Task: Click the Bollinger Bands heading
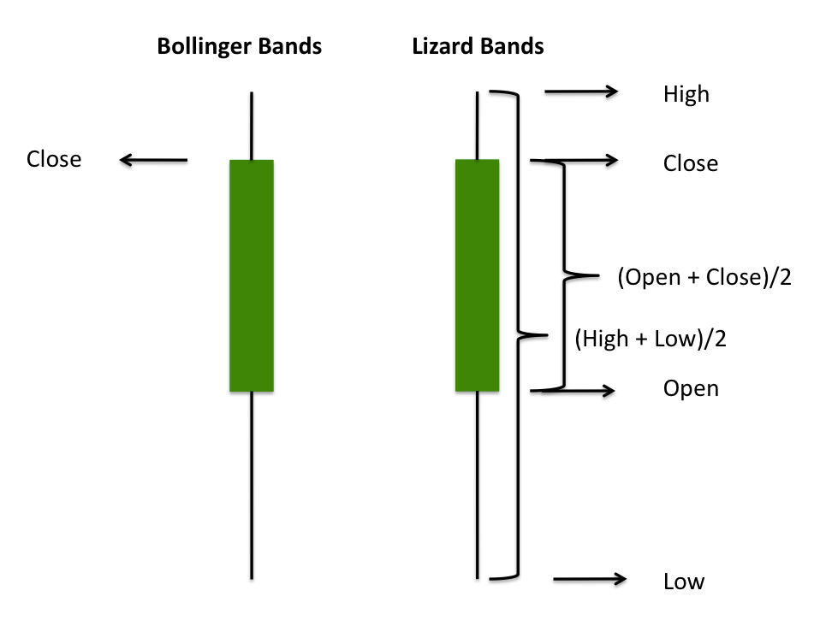coord(239,46)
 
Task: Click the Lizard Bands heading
coord(478,46)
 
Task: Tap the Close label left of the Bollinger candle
coord(54,159)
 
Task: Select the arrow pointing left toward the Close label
coord(153,159)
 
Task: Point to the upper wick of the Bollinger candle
coord(252,125)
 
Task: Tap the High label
coord(686,93)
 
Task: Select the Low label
coord(684,582)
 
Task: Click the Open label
coord(691,389)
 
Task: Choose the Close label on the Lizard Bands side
coord(691,162)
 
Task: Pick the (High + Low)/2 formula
coord(651,340)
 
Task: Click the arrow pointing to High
coord(581,92)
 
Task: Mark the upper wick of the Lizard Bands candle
coord(477,125)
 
